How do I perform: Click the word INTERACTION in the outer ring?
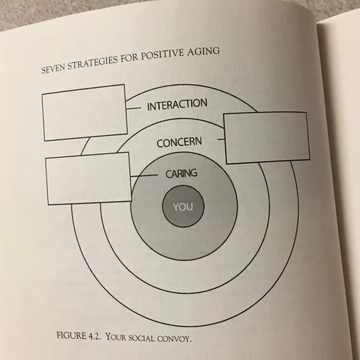pyautogui.click(x=177, y=105)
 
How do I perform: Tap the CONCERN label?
pyautogui.click(x=179, y=143)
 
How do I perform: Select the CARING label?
pyautogui.click(x=181, y=174)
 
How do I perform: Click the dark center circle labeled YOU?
pyautogui.click(x=183, y=207)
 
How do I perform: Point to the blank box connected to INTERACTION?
pyautogui.click(x=84, y=113)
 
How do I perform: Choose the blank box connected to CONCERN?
pyautogui.click(x=267, y=137)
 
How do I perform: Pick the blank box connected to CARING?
pyautogui.click(x=89, y=178)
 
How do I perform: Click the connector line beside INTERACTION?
pyautogui.click(x=134, y=108)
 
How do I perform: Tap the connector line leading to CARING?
pyautogui.click(x=144, y=176)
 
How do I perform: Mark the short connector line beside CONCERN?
pyautogui.click(x=221, y=139)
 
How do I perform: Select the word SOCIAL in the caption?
pyautogui.click(x=141, y=337)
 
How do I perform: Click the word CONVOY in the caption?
pyautogui.click(x=175, y=338)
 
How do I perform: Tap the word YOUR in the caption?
pyautogui.click(x=116, y=337)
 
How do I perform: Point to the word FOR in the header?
pyautogui.click(x=129, y=58)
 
